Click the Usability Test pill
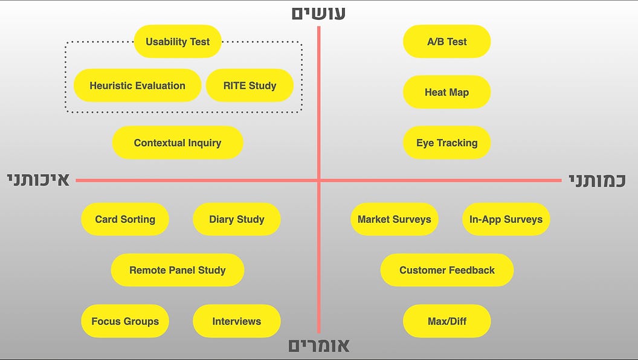178,42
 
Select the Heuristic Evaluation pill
137,85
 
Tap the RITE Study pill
250,85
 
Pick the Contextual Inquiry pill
178,143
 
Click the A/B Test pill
446,42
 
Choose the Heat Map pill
446,92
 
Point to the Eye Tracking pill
446,143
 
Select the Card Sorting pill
125,219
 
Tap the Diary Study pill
237,219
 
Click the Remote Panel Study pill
178,270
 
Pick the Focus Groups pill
125,321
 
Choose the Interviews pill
237,321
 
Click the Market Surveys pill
395,219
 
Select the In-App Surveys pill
506,219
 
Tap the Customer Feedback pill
446,270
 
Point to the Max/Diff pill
446,321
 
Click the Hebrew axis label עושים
318,13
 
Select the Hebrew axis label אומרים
319,346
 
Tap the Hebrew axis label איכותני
39,180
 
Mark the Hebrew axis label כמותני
597,180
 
